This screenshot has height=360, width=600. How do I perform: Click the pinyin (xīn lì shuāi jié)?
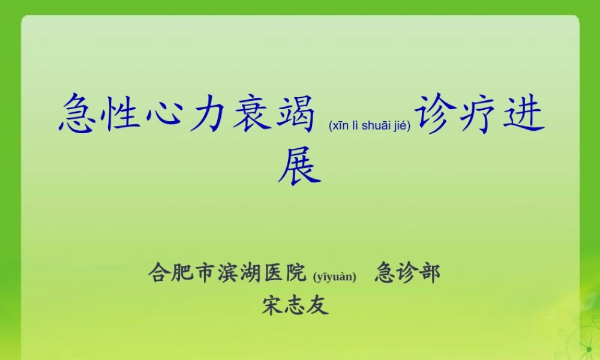click(369, 126)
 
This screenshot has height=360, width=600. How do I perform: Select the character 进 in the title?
click(523, 115)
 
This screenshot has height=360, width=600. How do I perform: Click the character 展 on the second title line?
click(299, 164)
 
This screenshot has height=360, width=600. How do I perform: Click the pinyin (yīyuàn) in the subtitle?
click(335, 277)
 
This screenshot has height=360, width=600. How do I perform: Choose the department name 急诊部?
click(407, 273)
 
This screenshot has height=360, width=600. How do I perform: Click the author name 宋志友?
click(295, 305)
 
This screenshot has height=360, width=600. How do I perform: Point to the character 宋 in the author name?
click(273, 305)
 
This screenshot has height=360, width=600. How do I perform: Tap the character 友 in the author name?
click(318, 305)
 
